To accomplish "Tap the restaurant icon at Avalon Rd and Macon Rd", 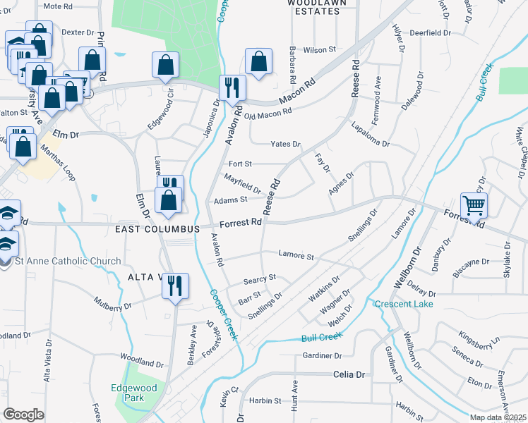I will [x=232, y=88].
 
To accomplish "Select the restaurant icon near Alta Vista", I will [x=174, y=286].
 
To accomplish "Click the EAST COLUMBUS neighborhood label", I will [x=158, y=229].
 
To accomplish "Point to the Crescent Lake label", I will [x=404, y=304].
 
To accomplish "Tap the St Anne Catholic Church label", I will [x=68, y=262].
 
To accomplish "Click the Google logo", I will [x=23, y=414].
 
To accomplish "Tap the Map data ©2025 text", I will [x=498, y=417].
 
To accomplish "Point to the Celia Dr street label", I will [x=350, y=375].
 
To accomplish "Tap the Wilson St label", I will [x=319, y=50].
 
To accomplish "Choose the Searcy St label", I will [x=259, y=279].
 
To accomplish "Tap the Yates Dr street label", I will [x=286, y=145].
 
